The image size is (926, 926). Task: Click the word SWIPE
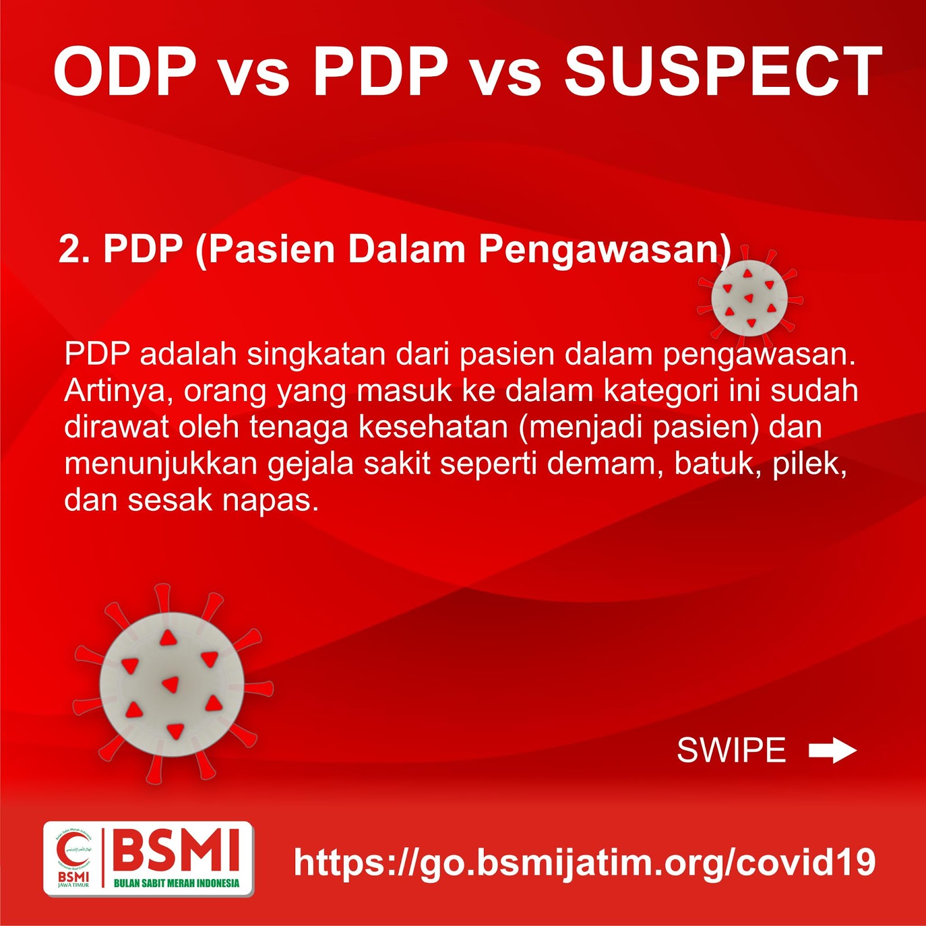coord(732,751)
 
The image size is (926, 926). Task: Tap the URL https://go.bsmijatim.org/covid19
coord(585,862)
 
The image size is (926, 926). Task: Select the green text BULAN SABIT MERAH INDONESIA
coord(177,883)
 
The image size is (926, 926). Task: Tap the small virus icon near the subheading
coord(749,298)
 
